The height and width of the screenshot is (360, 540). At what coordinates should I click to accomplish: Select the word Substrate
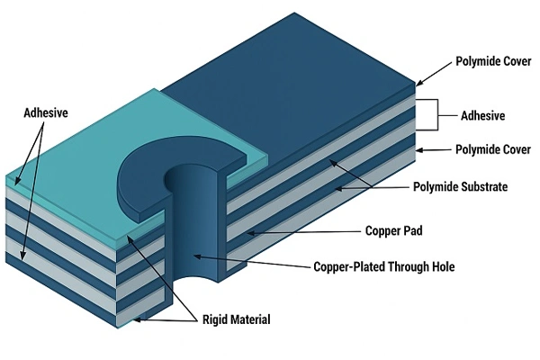pyautogui.click(x=479, y=187)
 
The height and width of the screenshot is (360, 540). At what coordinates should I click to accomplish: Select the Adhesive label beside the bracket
pyautogui.click(x=482, y=116)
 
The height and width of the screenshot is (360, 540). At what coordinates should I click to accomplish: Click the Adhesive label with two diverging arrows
pyautogui.click(x=47, y=113)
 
